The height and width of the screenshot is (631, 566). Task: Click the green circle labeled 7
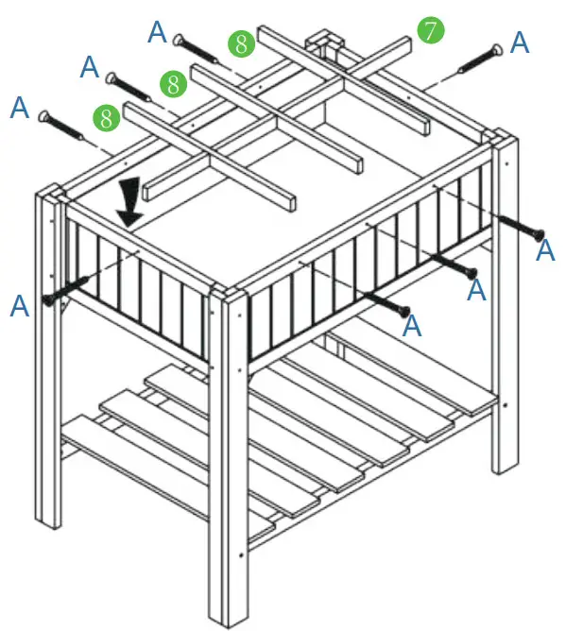point(430,30)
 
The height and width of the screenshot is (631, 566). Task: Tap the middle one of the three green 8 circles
point(173,83)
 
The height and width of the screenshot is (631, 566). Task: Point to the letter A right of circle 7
point(519,42)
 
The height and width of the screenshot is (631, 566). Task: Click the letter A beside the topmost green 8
point(158,32)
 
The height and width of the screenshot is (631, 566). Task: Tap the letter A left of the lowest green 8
point(20,107)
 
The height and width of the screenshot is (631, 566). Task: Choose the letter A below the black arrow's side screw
point(19,305)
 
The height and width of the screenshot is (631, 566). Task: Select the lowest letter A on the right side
point(411,326)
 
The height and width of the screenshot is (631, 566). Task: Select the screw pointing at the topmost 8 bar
point(194,47)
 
